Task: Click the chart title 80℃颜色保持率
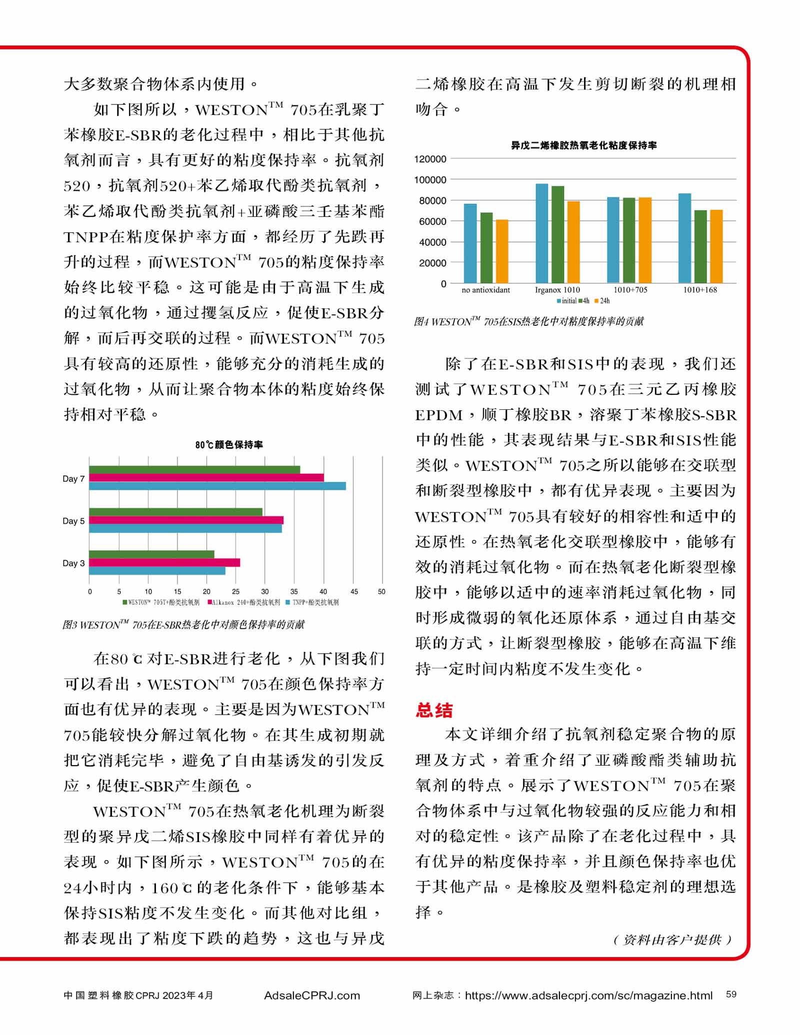(x=229, y=444)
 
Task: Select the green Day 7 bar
(x=194, y=469)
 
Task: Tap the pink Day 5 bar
(x=186, y=520)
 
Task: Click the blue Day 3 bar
(x=157, y=571)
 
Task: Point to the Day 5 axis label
(x=73, y=521)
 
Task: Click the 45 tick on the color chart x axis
(x=354, y=592)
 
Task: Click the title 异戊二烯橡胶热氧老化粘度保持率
(x=583, y=145)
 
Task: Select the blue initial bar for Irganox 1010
(x=541, y=233)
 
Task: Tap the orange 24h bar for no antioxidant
(x=501, y=251)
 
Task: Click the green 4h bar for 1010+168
(x=700, y=246)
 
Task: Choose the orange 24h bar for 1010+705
(x=645, y=240)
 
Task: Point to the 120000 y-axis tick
(x=429, y=159)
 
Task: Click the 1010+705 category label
(x=630, y=290)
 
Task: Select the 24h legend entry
(x=602, y=301)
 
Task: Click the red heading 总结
(x=434, y=710)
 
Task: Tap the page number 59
(x=731, y=995)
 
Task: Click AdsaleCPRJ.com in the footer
(x=311, y=996)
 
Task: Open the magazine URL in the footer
(x=588, y=996)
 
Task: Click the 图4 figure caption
(x=528, y=321)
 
